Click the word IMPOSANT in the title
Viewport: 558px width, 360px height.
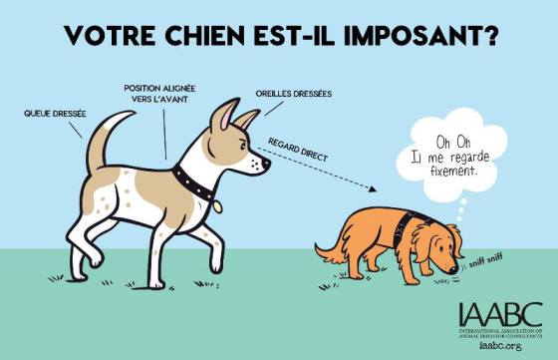420,35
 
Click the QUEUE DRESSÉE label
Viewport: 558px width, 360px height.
55,114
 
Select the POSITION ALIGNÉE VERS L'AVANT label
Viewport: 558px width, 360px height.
159,94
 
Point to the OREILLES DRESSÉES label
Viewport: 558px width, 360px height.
294,94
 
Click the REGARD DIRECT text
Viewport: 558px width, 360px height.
298,150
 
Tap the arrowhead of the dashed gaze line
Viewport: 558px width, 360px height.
372,188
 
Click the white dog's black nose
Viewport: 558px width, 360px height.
266,164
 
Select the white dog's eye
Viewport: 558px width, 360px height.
243,145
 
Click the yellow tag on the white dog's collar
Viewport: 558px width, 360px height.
217,206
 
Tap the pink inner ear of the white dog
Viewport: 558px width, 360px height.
227,117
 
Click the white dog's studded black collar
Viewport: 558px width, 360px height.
193,183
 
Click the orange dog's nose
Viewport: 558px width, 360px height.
453,270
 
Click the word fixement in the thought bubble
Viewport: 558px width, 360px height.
453,171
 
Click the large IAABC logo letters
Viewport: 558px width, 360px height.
500,315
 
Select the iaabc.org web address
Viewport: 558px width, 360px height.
500,345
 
